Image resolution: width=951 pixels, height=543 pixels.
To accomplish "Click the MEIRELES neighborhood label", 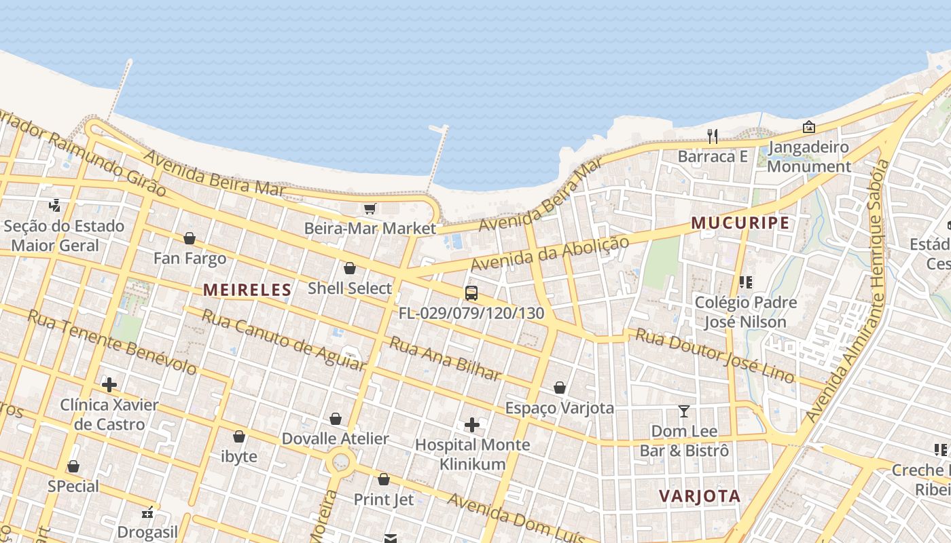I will pos(247,290).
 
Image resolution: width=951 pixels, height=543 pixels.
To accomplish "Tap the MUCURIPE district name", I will pos(740,223).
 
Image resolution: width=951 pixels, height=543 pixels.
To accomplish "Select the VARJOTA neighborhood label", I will pos(700,496).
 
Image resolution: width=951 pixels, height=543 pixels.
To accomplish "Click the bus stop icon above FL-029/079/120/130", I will pos(471,293).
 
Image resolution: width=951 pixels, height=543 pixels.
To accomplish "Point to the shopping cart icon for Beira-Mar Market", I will pos(370,208).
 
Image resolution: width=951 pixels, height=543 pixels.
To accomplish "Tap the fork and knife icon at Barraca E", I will pos(712,136).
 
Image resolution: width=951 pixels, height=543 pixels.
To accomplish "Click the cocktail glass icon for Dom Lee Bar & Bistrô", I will pos(684,411).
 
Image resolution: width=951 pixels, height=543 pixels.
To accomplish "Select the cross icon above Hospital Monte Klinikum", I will pos(472,426).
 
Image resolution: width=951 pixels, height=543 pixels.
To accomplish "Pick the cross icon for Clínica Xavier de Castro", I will pos(109,385).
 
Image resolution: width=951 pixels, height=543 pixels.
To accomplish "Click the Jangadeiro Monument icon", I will pos(808,127).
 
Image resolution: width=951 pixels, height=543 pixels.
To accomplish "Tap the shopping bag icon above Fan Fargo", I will pos(190,238).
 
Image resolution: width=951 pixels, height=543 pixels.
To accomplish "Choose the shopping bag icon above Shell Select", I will pos(350,268).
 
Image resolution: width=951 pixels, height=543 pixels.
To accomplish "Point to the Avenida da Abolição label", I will pos(550,253).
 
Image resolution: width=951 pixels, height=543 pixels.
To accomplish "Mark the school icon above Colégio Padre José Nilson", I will pos(745,282).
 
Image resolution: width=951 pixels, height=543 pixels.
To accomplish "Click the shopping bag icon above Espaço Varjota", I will pos(560,388).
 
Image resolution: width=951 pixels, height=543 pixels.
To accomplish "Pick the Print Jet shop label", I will pos(384,500).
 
